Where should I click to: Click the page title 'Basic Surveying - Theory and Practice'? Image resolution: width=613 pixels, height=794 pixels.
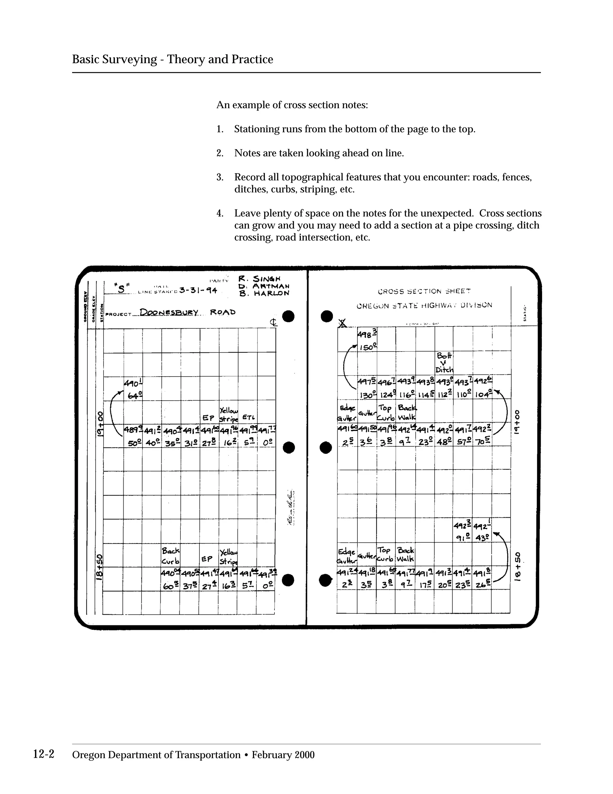(172, 59)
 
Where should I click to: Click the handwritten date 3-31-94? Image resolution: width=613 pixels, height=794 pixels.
(198, 290)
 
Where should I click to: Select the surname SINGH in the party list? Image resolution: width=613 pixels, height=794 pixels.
(267, 279)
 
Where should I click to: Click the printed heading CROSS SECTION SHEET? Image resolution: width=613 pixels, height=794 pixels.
(424, 291)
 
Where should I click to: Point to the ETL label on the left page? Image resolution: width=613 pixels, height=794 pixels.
(248, 417)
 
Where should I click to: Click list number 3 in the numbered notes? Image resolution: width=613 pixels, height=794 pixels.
(220, 177)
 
